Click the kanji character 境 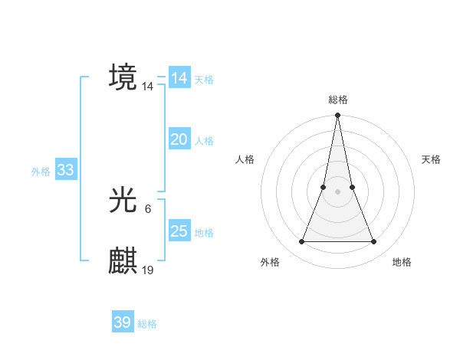tap(123, 77)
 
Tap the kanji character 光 tap(123, 201)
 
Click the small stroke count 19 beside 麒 tap(148, 270)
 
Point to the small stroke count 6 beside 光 tap(147, 208)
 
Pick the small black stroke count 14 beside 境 tap(148, 87)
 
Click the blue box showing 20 tap(179, 139)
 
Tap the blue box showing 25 tap(179, 231)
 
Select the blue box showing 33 tap(65, 170)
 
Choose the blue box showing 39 tap(122, 322)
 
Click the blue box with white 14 tap(179, 78)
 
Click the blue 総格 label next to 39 tap(147, 324)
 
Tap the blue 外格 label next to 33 tap(41, 172)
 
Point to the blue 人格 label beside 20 tap(204, 141)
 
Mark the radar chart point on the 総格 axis tap(337, 116)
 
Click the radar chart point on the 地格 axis tap(374, 242)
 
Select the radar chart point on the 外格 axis tap(301, 242)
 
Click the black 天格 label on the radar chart tap(431, 159)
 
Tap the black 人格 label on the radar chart tap(245, 159)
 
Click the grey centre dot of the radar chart tap(337, 191)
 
